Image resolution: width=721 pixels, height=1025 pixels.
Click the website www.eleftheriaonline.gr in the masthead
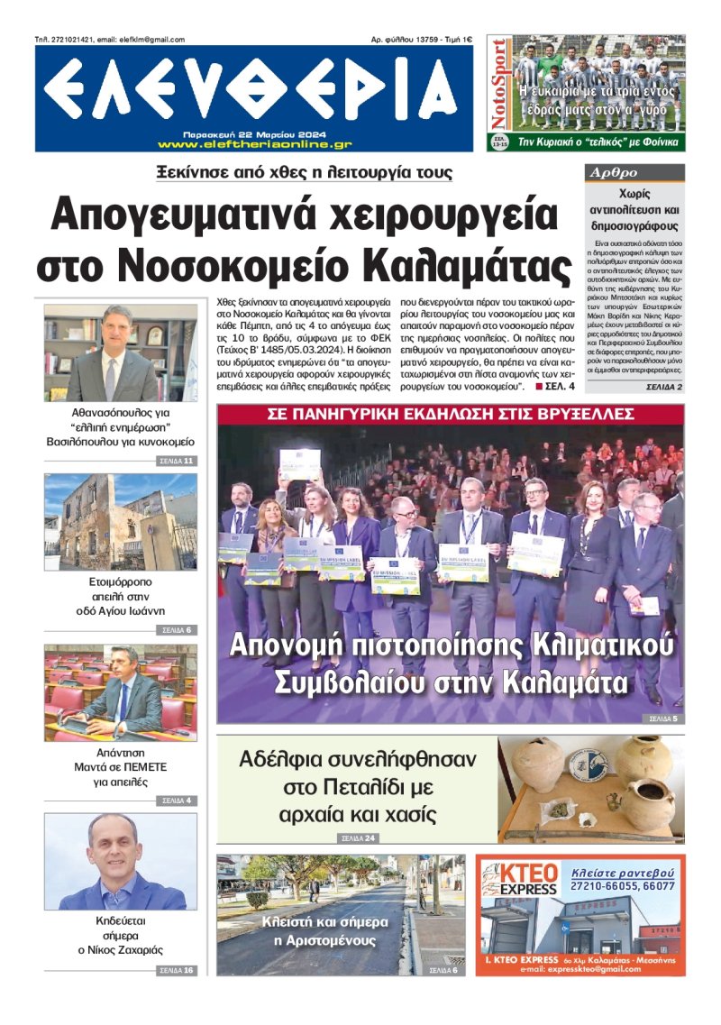[254, 143]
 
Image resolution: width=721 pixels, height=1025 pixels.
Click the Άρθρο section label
[613, 173]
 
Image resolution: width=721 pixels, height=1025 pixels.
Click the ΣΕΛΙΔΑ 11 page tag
[177, 461]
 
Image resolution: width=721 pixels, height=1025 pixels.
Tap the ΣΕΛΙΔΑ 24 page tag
[359, 838]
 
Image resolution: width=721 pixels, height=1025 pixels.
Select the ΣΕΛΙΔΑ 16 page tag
[177, 970]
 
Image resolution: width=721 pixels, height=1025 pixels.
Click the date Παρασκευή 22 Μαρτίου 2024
[254, 132]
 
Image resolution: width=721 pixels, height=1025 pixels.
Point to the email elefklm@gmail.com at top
[145, 40]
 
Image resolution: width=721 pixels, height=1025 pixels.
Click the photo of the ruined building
[120, 522]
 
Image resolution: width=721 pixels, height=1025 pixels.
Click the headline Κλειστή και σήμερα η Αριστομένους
[325, 931]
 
